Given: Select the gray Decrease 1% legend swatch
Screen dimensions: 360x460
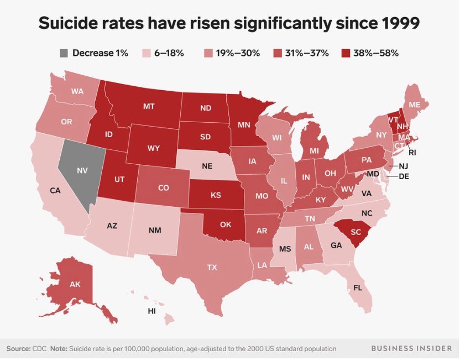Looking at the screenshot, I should pyautogui.click(x=64, y=53).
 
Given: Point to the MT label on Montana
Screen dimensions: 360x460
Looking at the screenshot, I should pyautogui.click(x=148, y=106).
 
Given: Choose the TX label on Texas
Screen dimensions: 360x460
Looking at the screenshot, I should pyautogui.click(x=212, y=267).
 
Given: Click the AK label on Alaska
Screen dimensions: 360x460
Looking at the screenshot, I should pyautogui.click(x=75, y=284).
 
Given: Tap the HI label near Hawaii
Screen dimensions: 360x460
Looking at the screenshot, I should pyautogui.click(x=152, y=311).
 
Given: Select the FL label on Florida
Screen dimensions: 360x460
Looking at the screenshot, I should pyautogui.click(x=357, y=288).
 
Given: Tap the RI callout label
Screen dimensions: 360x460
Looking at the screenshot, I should pyautogui.click(x=412, y=151).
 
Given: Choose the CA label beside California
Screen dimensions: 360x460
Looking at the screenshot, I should pyautogui.click(x=55, y=191).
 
